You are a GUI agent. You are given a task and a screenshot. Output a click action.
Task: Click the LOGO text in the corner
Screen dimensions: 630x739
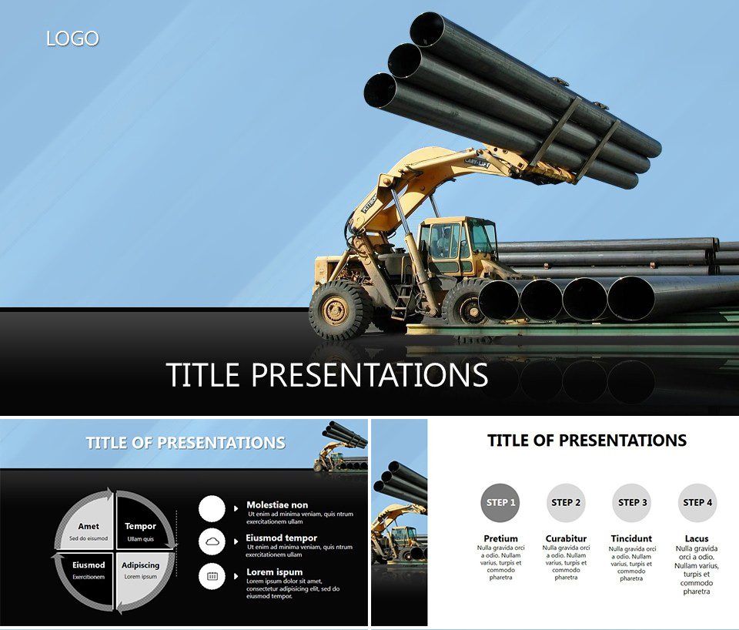pyautogui.click(x=72, y=38)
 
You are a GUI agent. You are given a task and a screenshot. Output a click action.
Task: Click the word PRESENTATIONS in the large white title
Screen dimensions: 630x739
pyautogui.click(x=370, y=375)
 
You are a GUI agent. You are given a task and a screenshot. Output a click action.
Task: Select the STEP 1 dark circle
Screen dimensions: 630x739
pyautogui.click(x=499, y=503)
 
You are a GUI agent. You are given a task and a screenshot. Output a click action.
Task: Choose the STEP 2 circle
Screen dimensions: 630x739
pyautogui.click(x=566, y=503)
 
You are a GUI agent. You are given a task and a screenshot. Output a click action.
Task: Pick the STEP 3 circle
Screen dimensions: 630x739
pyautogui.click(x=631, y=503)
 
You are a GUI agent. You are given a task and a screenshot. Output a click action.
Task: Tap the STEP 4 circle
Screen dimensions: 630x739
pyautogui.click(x=697, y=503)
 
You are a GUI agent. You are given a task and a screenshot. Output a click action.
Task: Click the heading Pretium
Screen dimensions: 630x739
pyautogui.click(x=500, y=538)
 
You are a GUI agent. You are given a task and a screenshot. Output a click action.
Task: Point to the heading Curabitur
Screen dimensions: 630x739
pyautogui.click(x=566, y=538)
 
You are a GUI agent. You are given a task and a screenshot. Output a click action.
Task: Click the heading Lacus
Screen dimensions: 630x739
pyautogui.click(x=697, y=538)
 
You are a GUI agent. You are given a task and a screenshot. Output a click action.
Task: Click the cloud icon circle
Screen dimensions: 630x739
pyautogui.click(x=212, y=542)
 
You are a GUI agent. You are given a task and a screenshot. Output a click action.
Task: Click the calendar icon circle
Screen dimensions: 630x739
pyautogui.click(x=212, y=576)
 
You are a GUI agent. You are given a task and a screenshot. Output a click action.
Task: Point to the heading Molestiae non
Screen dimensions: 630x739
pyautogui.click(x=277, y=505)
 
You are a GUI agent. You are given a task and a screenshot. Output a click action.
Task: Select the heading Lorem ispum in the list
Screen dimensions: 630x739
pyautogui.click(x=274, y=572)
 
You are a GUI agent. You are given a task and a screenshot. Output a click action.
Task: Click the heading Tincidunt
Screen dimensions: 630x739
pyautogui.click(x=631, y=538)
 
